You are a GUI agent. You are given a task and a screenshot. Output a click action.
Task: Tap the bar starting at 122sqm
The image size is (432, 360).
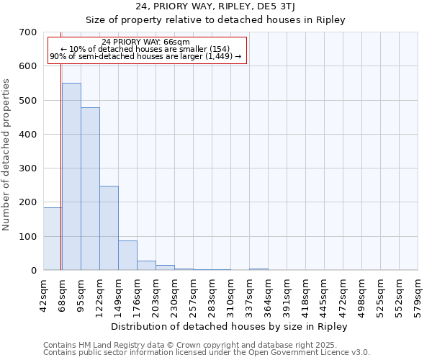109,228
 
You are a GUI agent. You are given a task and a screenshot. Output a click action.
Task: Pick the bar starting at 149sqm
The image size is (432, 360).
127,255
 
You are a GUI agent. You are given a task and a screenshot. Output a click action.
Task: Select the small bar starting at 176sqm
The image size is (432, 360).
146,265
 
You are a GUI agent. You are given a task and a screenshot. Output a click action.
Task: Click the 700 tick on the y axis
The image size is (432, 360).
28,32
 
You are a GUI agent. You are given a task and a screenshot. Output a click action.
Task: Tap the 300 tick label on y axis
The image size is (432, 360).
28,168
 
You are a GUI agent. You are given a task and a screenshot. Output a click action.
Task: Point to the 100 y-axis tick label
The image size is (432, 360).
28,237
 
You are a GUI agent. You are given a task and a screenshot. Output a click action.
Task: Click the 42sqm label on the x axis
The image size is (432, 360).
43,294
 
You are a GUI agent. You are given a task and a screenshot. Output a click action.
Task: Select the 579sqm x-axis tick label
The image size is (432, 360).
418,294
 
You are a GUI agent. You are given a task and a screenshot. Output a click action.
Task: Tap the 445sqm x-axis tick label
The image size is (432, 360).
324,294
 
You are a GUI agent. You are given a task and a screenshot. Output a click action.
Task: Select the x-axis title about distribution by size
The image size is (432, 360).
230,327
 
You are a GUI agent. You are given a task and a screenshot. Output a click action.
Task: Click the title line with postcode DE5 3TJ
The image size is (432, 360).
216,6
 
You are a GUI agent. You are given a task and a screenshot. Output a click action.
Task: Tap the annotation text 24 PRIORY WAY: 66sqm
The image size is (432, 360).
146,42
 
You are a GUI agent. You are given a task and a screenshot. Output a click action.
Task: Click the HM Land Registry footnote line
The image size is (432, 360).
205,345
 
